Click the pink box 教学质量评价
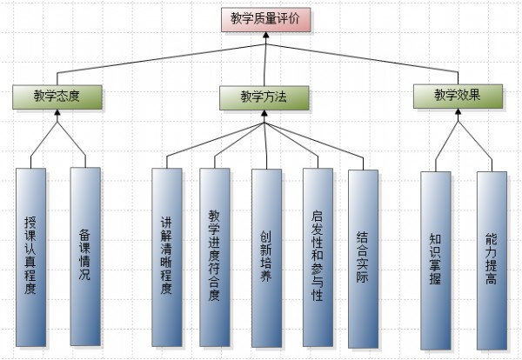[x=266, y=20]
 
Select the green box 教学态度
[x=57, y=97]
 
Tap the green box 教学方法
[x=264, y=97]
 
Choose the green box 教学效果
[x=458, y=97]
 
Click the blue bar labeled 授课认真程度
[x=31, y=257]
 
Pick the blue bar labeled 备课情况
[x=85, y=257]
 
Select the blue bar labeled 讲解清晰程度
[x=167, y=257]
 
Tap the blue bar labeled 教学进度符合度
[x=215, y=257]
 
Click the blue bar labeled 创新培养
[x=267, y=258]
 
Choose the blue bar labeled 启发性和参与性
[x=318, y=257]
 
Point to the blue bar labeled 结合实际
[x=363, y=259]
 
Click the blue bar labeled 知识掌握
[x=436, y=261]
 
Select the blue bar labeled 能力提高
[x=492, y=261]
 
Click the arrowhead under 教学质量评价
[x=265, y=35]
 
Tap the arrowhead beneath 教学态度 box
[x=57, y=112]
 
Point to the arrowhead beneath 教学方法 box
[x=264, y=113]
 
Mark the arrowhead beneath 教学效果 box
[x=458, y=111]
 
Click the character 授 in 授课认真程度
[x=30, y=223]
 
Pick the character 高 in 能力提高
[x=491, y=278]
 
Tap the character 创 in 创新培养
[x=266, y=237]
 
